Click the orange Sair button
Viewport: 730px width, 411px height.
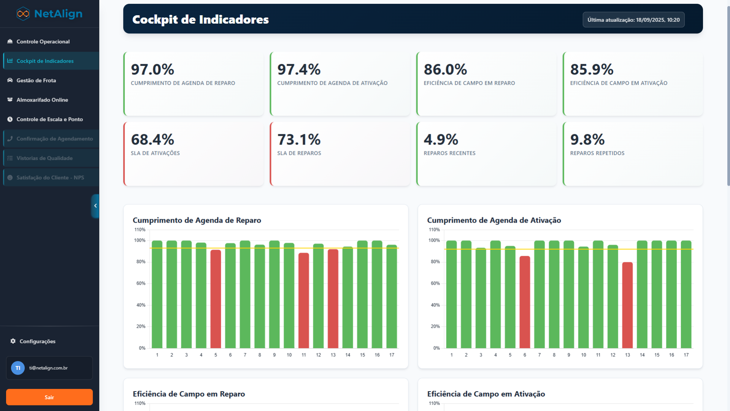pyautogui.click(x=49, y=397)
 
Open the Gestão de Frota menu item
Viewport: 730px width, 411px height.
pyautogui.click(x=36, y=80)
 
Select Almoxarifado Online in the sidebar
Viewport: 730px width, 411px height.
pyautogui.click(x=42, y=100)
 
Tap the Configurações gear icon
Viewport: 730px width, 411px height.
pyautogui.click(x=13, y=341)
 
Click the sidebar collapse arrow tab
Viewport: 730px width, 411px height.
pyautogui.click(x=95, y=206)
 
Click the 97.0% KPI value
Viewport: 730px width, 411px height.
pyautogui.click(x=152, y=70)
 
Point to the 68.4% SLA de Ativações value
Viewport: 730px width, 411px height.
pyautogui.click(x=152, y=140)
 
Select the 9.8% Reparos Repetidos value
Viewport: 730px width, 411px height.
pyautogui.click(x=587, y=140)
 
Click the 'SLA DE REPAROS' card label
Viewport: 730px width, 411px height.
pyautogui.click(x=299, y=153)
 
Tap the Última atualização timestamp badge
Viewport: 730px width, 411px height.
pyautogui.click(x=633, y=20)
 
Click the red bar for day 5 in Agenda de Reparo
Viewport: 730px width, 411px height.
pyautogui.click(x=216, y=299)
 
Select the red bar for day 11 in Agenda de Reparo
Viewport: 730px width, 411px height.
pyautogui.click(x=304, y=301)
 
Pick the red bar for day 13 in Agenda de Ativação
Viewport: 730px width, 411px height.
pyautogui.click(x=627, y=305)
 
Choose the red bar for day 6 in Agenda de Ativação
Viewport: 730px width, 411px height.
pyautogui.click(x=525, y=302)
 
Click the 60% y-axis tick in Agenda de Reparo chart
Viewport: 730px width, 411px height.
pyautogui.click(x=141, y=284)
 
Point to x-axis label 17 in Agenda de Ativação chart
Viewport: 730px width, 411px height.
pyautogui.click(x=686, y=355)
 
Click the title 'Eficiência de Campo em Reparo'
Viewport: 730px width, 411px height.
pyautogui.click(x=189, y=394)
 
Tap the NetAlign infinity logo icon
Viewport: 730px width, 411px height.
pyautogui.click(x=23, y=14)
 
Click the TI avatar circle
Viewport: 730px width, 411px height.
pyautogui.click(x=18, y=368)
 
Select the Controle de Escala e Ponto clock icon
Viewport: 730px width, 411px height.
pyautogui.click(x=10, y=119)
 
